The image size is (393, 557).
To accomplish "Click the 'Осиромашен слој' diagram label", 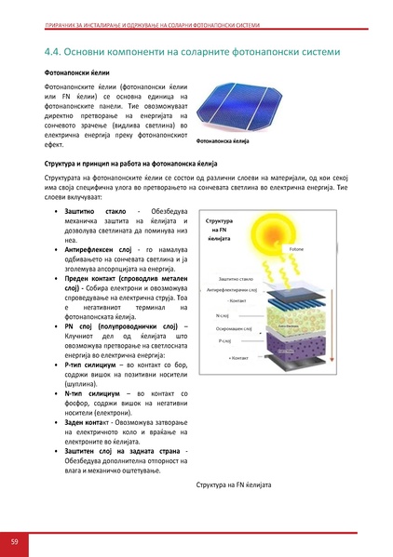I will click(x=236, y=329).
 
